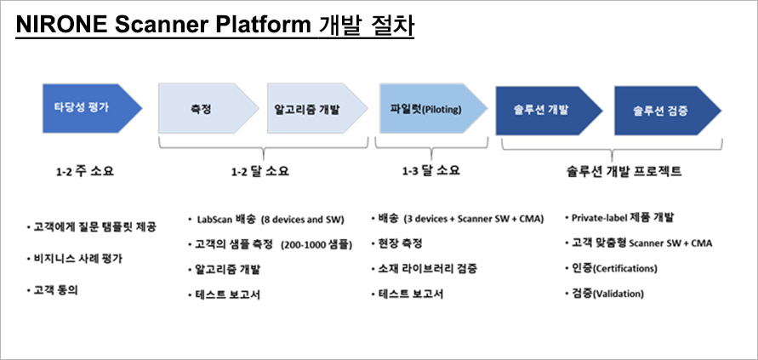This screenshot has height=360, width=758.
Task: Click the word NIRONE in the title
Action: pyautogui.click(x=61, y=26)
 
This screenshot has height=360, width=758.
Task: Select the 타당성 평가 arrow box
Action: pyautogui.click(x=92, y=108)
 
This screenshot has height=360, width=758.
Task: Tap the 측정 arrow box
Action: pyautogui.click(x=208, y=108)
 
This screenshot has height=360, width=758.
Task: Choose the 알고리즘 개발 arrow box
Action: pyautogui.click(x=317, y=108)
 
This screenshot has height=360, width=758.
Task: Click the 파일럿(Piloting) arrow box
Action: pyautogui.click(x=433, y=108)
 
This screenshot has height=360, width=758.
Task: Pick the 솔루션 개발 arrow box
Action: pyautogui.click(x=549, y=111)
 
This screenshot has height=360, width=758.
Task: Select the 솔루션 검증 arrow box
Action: pyautogui.click(x=668, y=111)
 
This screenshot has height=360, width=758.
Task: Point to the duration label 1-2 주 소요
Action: pyautogui.click(x=84, y=171)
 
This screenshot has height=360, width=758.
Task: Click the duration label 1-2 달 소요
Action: pyautogui.click(x=260, y=171)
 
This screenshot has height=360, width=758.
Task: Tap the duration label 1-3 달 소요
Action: pyautogui.click(x=431, y=171)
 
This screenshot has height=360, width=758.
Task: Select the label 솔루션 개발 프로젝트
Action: pyautogui.click(x=624, y=171)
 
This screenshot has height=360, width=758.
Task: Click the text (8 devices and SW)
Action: pyautogui.click(x=302, y=220)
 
